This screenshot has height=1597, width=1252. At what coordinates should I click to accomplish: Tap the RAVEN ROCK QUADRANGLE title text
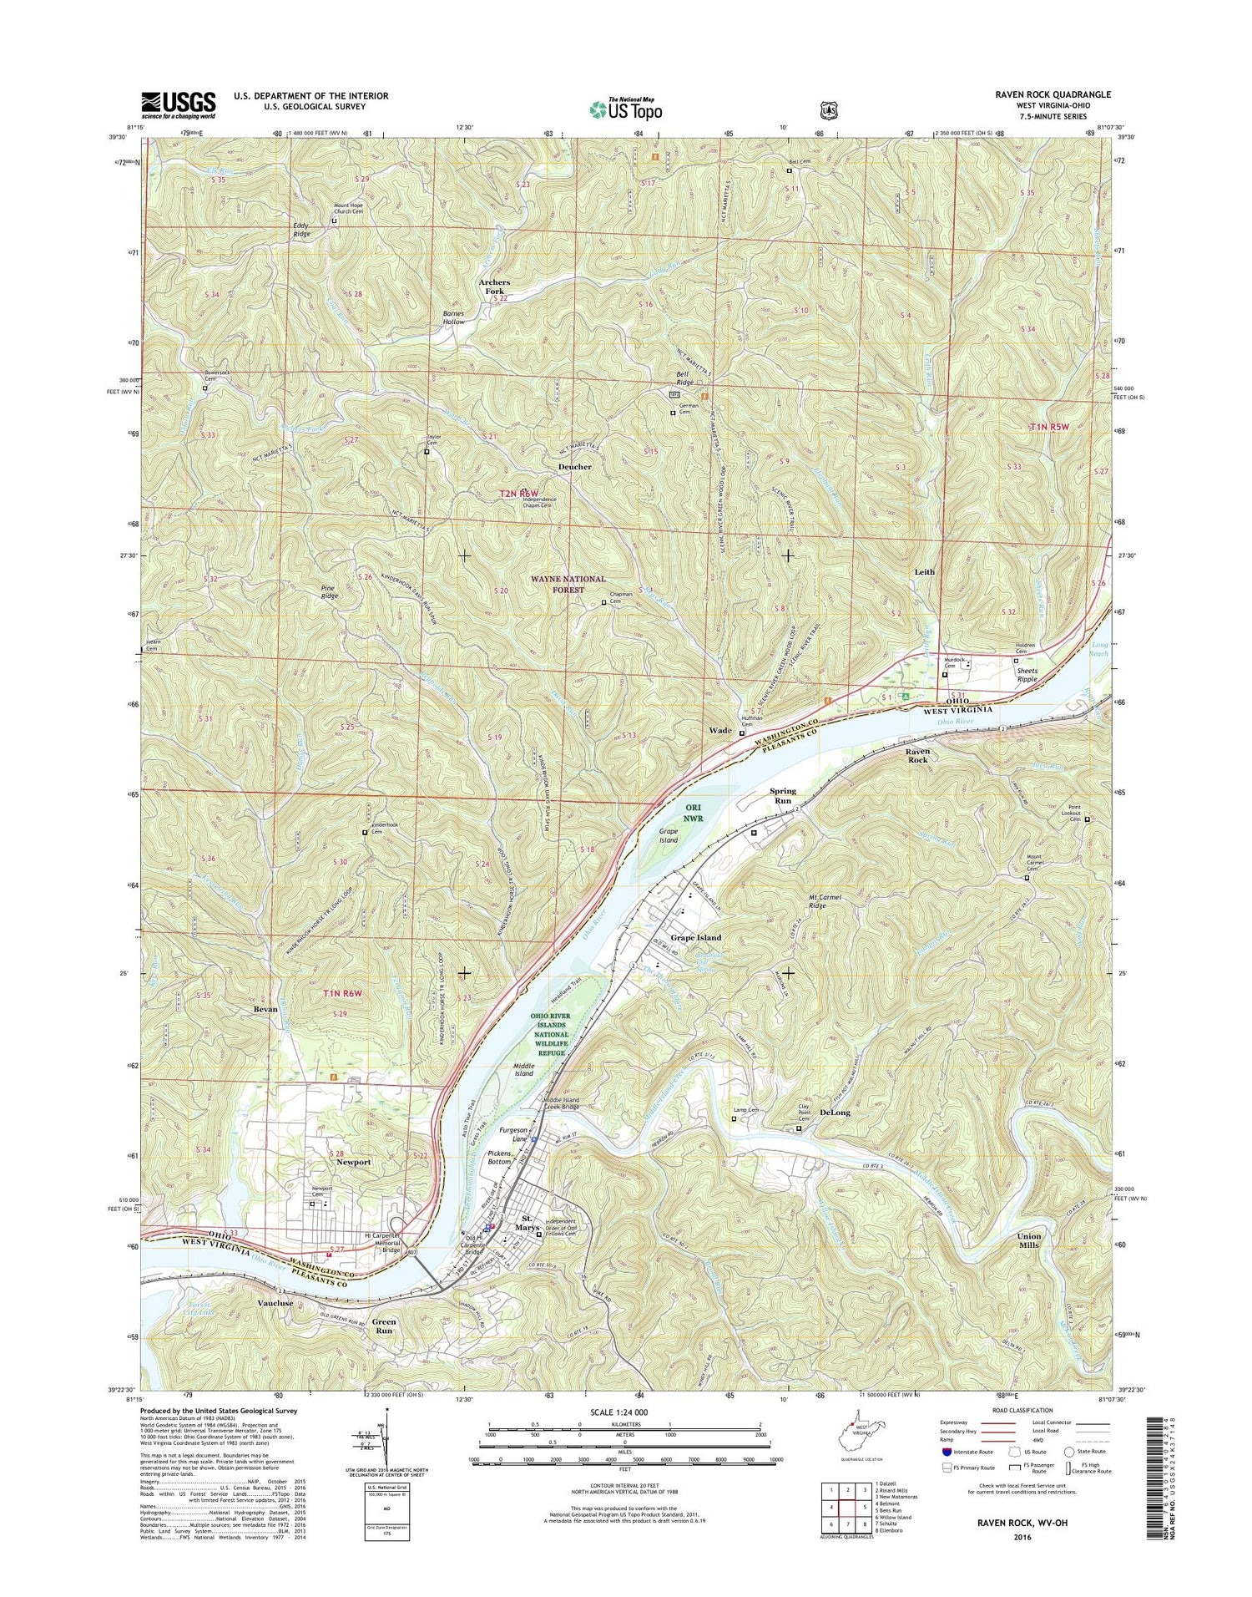[x=1053, y=95]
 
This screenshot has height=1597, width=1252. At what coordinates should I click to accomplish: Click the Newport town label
[x=353, y=1162]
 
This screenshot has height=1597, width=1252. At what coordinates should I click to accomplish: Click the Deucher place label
[x=574, y=467]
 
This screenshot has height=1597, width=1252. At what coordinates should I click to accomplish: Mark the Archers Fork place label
[x=494, y=286]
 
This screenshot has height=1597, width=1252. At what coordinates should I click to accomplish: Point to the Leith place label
[x=925, y=572]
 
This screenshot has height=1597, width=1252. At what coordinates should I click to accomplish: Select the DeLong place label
[x=835, y=1113]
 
